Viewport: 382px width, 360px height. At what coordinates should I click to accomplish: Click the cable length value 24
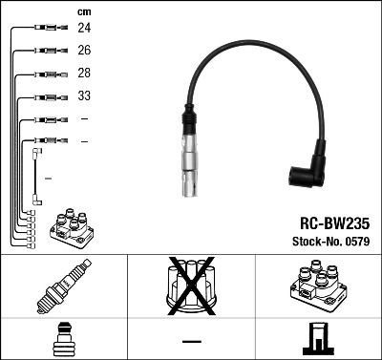pyautogui.click(x=84, y=29)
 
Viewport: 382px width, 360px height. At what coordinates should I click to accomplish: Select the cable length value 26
pyautogui.click(x=84, y=51)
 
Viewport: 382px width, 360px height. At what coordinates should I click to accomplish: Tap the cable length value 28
pyautogui.click(x=84, y=74)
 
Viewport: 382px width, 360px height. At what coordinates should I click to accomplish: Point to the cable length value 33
pyautogui.click(x=84, y=96)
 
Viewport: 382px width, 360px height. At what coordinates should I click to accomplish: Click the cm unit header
pyautogui.click(x=84, y=11)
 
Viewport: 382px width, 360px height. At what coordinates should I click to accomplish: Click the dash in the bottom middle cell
pyautogui.click(x=191, y=340)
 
